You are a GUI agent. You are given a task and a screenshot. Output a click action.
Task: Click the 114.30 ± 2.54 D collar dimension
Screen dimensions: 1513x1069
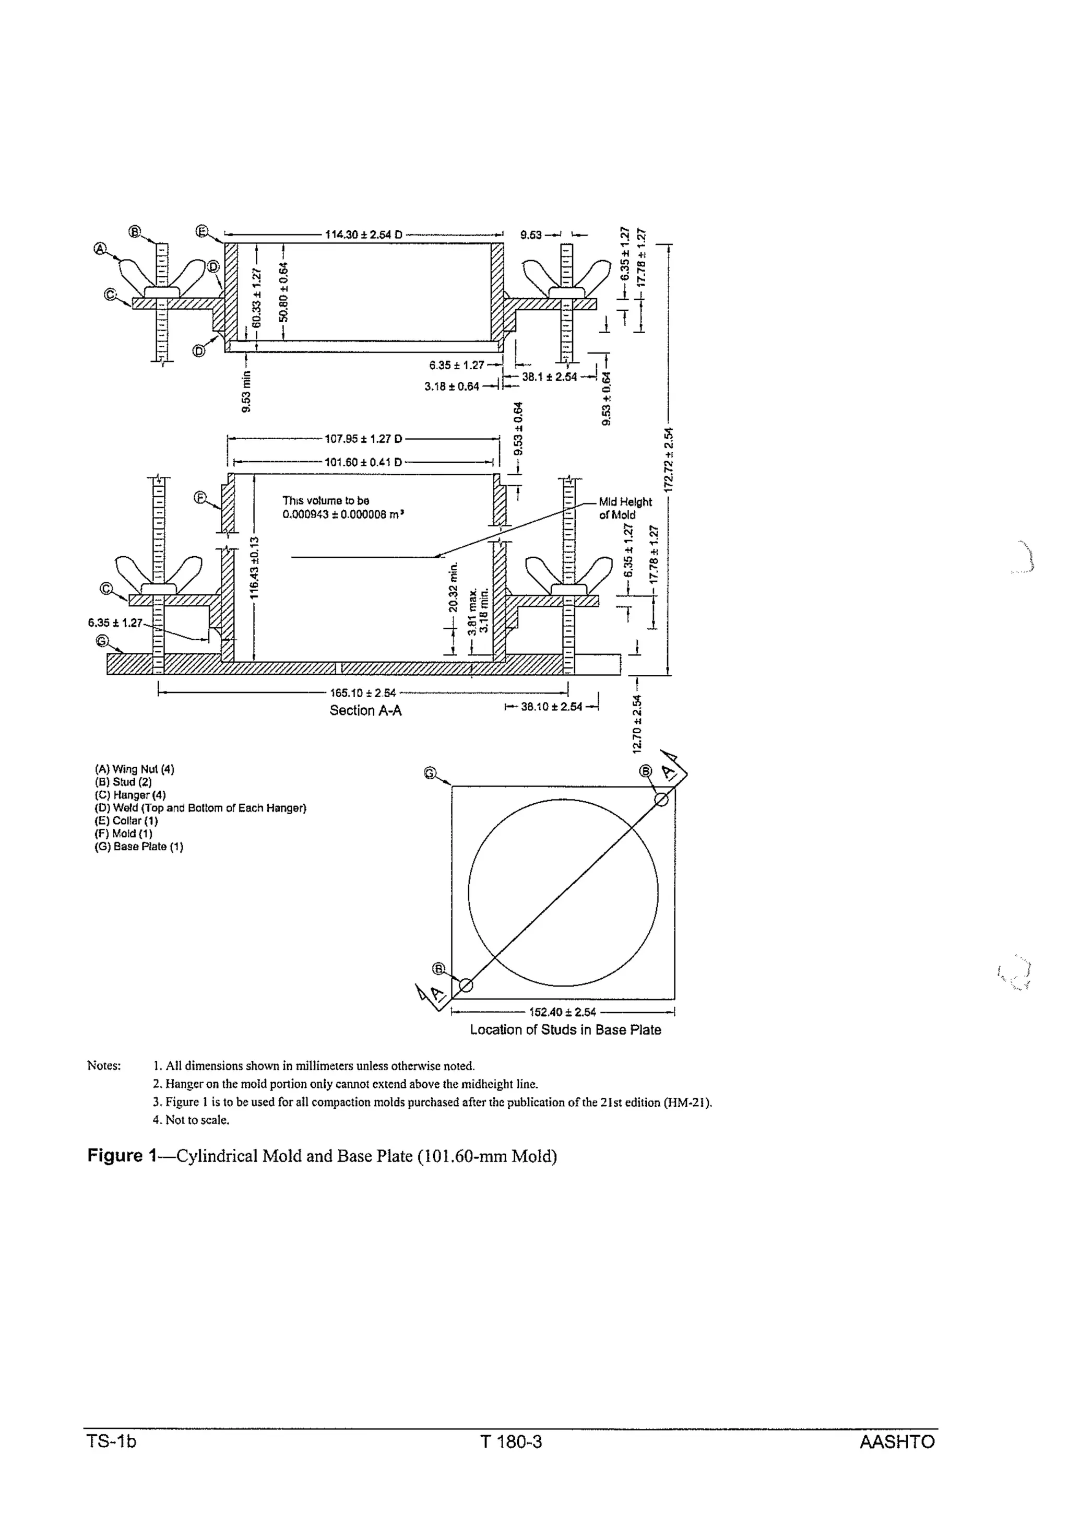tap(364, 234)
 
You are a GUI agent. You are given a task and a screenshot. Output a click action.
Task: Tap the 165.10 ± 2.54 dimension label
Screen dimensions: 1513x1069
tap(363, 693)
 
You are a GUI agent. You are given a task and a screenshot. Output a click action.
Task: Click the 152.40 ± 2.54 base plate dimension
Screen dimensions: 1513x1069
tap(563, 1012)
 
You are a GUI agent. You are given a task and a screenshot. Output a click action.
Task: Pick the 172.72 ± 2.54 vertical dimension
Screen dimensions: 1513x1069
tap(669, 460)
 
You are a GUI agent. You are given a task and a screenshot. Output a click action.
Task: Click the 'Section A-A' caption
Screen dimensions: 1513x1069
tap(365, 710)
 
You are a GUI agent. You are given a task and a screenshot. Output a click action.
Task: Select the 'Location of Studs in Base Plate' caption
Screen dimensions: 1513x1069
tap(565, 1030)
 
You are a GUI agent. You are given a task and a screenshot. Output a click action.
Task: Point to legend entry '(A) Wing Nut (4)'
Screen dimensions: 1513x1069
tap(134, 769)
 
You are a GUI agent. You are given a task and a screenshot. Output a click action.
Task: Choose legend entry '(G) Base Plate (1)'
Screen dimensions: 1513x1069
tap(138, 847)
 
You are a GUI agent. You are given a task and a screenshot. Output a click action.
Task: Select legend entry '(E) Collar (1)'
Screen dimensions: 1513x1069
tap(126, 821)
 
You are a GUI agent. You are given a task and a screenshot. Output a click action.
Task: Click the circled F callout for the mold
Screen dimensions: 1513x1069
tap(201, 498)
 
